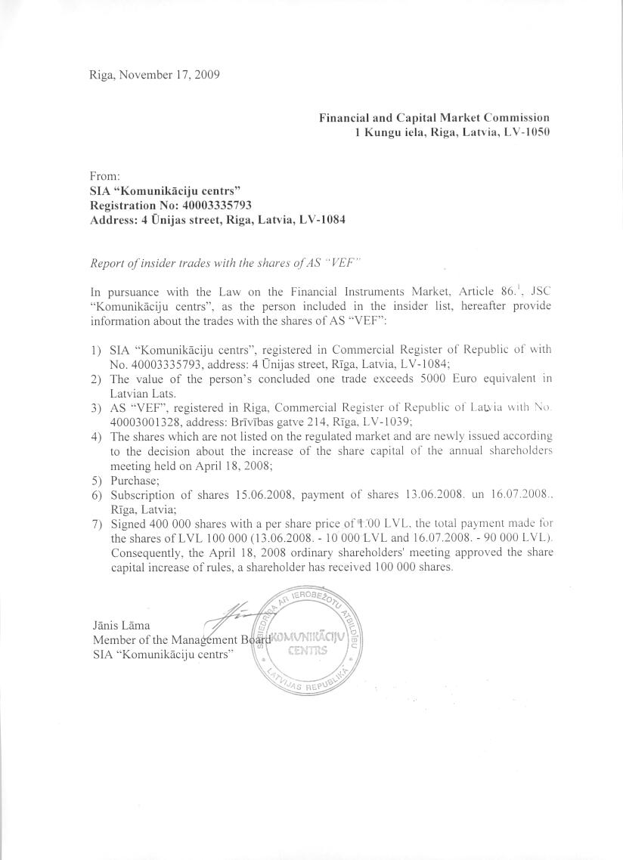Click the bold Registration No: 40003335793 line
tap(170, 205)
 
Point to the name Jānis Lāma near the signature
tap(120, 625)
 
